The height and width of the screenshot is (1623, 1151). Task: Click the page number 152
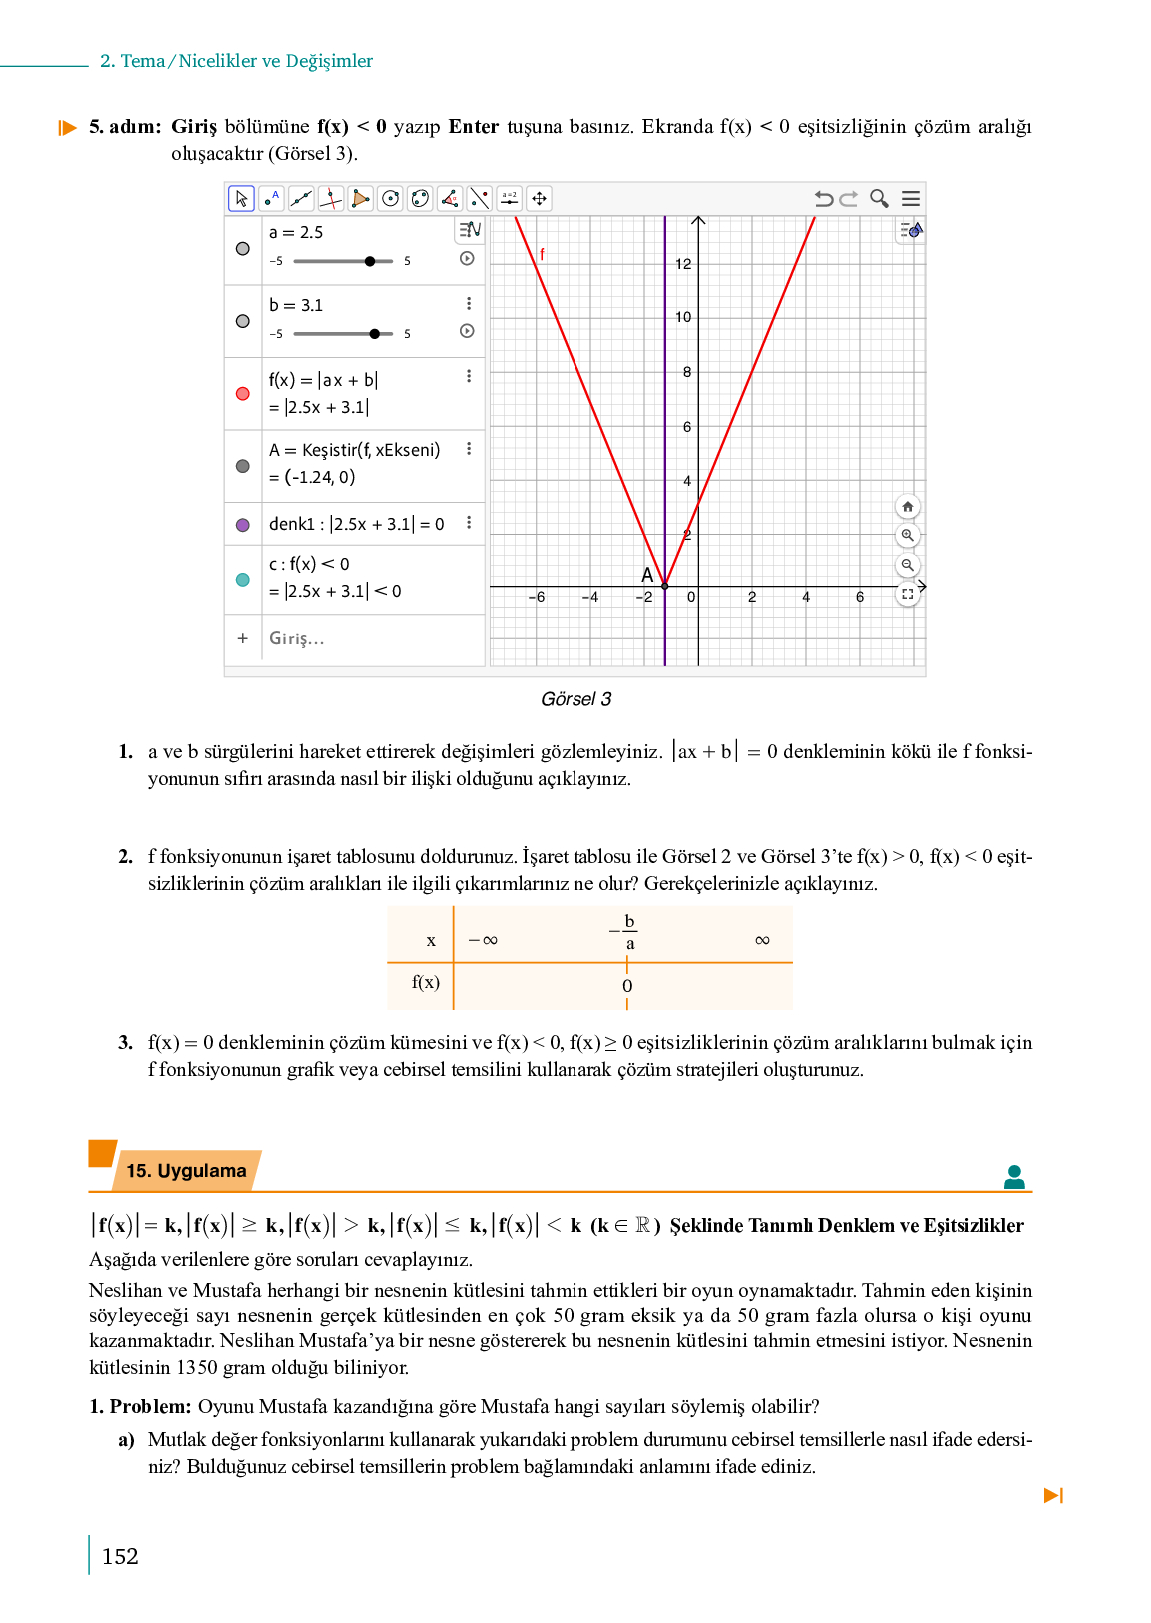coord(120,1556)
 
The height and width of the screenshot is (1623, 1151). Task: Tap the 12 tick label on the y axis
coord(683,264)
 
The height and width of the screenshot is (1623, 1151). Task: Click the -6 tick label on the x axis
coord(537,597)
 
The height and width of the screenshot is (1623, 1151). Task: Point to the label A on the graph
coord(647,575)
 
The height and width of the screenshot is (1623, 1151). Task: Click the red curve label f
coord(542,254)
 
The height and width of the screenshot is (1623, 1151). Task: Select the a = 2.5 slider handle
coord(370,261)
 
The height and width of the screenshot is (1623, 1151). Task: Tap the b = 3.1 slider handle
coord(374,334)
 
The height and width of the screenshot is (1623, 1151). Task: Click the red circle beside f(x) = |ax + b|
coord(243,393)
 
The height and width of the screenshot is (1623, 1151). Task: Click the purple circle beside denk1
coord(243,525)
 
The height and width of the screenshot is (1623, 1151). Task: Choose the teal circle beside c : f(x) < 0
coord(243,579)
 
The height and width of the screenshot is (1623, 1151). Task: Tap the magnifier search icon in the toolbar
coord(879,198)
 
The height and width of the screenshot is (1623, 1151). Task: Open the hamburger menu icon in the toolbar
coord(911,198)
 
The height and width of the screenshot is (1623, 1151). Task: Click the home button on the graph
coord(907,507)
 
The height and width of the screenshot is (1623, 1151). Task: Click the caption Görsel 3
coord(575,699)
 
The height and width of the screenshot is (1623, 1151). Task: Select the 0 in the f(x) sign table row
coord(627,986)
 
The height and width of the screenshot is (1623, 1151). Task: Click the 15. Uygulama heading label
coord(186,1171)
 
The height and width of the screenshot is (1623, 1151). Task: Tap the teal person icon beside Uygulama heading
coord(1014,1177)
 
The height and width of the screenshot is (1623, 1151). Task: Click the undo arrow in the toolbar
coord(823,198)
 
